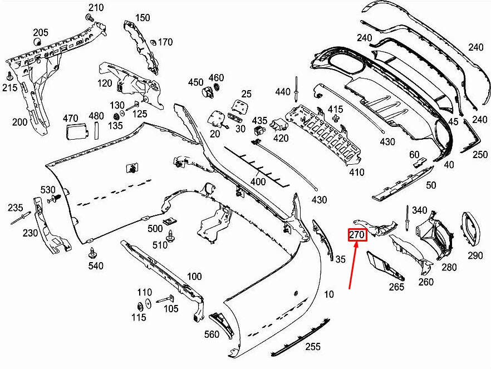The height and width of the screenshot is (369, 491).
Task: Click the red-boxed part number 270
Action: point(356,235)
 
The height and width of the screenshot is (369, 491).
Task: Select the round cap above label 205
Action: point(38,42)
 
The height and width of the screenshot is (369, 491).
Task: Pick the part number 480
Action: point(96,116)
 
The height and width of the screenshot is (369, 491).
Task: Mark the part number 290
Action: point(475,255)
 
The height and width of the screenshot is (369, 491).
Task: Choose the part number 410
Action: point(357,172)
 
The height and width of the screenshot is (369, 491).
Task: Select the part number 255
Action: point(313,346)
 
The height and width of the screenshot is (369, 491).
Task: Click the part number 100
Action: point(194,276)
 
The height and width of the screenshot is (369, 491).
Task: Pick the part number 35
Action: point(341,259)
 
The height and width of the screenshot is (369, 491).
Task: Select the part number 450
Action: point(195,82)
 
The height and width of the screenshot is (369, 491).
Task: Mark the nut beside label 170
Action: point(153,42)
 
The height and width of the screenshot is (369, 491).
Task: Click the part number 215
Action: point(9,88)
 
